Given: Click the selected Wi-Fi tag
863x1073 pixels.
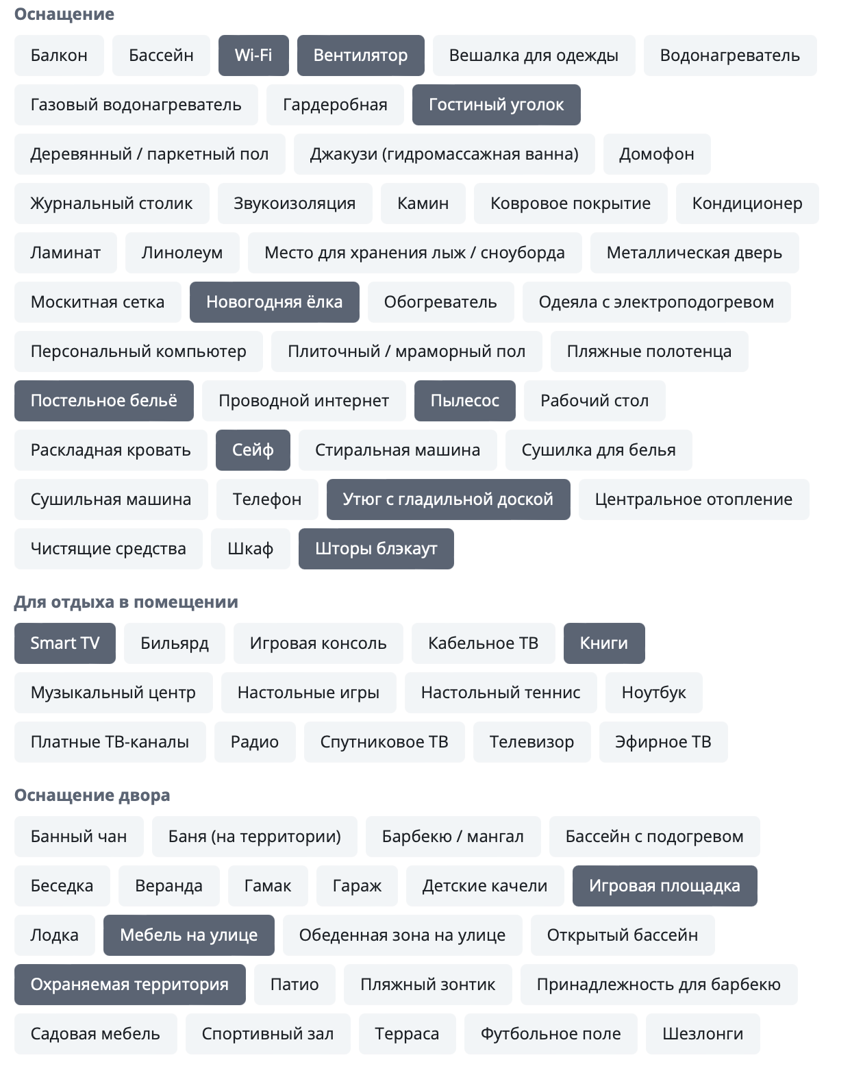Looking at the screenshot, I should [x=253, y=56].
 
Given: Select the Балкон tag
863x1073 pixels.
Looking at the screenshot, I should [x=59, y=56].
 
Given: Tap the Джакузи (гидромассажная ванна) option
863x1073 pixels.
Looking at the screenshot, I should [x=444, y=154].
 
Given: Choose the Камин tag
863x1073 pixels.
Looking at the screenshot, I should [x=423, y=203].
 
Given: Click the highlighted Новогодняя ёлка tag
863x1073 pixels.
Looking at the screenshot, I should [x=274, y=302].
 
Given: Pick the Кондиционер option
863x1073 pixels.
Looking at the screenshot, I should [x=747, y=203].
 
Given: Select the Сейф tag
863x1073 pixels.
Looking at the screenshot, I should [x=253, y=450].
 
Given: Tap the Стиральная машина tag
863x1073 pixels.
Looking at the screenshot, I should [x=397, y=450].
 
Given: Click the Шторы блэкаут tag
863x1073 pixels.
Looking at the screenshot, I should [x=376, y=549].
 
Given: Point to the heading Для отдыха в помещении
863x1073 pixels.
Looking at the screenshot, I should [x=126, y=602].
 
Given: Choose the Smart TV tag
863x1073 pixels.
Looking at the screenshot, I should [x=65, y=643].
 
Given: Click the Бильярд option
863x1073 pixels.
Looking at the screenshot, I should [x=174, y=643].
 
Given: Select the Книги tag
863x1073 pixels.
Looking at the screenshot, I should [x=603, y=643].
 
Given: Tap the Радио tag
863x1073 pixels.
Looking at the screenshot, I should [x=255, y=742].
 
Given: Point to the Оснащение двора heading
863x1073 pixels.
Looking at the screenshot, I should [x=92, y=795].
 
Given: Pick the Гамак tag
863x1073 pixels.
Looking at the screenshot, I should [x=267, y=886].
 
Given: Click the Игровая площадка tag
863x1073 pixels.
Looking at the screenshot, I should [x=664, y=886].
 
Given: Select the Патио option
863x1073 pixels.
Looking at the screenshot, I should [x=295, y=985].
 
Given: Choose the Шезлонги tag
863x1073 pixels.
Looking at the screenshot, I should [x=702, y=1034].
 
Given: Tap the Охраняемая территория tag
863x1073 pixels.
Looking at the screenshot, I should [x=129, y=985].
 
